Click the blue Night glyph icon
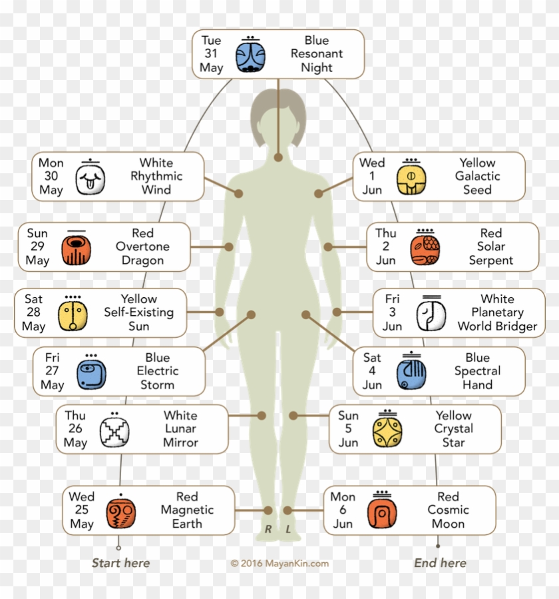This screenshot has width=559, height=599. coord(250,57)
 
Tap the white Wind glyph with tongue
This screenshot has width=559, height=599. coord(90,179)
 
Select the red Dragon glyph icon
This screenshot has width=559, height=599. coord(77,251)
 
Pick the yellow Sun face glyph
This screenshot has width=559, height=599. coord(73,316)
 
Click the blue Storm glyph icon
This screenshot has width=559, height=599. coord(92,374)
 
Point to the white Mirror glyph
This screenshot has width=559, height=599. coord(114,432)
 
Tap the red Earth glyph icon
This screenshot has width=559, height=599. coord(120,514)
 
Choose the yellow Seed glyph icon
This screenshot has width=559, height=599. coord(411,179)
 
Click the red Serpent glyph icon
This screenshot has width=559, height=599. coord(425,251)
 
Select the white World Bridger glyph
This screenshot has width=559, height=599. coord(431,316)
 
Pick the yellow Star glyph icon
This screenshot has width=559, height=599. coord(387,432)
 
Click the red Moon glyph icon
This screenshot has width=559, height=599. coord(382,514)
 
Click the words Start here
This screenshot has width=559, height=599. coord(120,563)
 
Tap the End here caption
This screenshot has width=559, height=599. coord(440,563)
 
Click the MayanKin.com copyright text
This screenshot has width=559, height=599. coord(279,564)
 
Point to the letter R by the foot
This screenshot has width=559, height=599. coord(268,529)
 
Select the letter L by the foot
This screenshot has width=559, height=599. coord(288,529)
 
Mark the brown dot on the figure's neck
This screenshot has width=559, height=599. coord(278,157)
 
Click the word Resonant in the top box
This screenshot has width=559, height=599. coord(317,53)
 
